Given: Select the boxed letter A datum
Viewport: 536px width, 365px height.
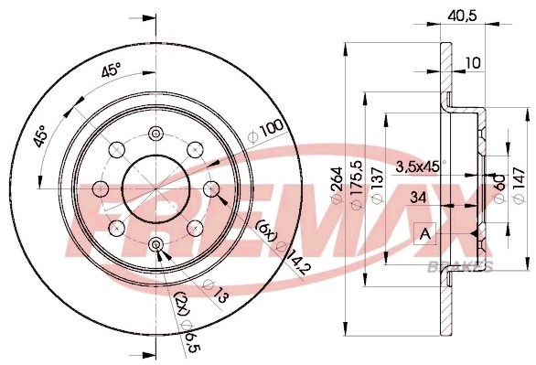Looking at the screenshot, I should (424, 235).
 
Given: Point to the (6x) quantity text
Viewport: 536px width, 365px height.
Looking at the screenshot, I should (266, 232).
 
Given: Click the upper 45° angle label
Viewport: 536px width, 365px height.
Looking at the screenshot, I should (110, 73).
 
